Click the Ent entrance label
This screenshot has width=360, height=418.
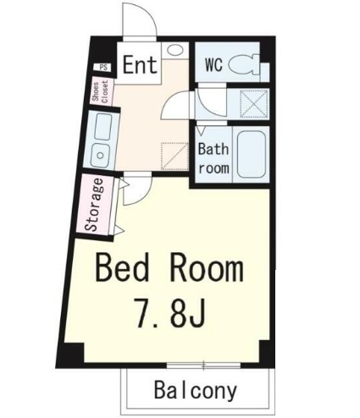coord(140,65)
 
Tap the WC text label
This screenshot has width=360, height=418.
coord(213,64)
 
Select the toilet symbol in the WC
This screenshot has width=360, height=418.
coord(243,65)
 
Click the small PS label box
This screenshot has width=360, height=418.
coord(103,68)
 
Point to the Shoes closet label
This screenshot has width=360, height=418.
coord(100,92)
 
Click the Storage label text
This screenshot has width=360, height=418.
coord(94,205)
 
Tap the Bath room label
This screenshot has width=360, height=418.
coord(213,158)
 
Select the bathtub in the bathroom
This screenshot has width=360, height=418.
coord(252,155)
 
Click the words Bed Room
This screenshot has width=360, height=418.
coord(169,267)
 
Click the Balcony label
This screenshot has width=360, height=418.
coord(196,391)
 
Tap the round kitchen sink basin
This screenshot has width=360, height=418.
coord(100,155)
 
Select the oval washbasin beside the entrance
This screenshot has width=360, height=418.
coord(175,50)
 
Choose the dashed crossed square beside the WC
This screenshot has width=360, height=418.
coord(254,104)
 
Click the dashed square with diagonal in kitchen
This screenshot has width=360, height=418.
coord(174,157)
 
